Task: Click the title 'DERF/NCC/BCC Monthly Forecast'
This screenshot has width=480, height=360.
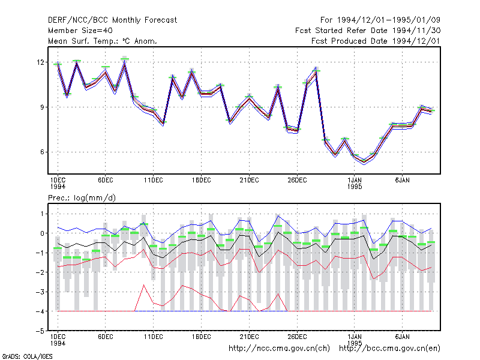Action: pyautogui.click(x=112, y=20)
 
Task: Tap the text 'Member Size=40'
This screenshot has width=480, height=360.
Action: pyautogui.click(x=80, y=31)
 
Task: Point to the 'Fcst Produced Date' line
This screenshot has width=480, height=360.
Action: pyautogui.click(x=376, y=41)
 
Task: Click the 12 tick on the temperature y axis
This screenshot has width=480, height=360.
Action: pyautogui.click(x=40, y=62)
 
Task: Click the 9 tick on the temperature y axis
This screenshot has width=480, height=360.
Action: pyautogui.click(x=42, y=107)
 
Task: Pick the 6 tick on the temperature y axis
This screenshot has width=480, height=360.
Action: pyautogui.click(x=42, y=152)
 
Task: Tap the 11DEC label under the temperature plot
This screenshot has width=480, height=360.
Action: pyautogui.click(x=154, y=181)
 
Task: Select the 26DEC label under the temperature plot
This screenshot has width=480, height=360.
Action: pyautogui.click(x=297, y=181)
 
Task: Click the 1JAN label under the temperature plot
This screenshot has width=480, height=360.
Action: pyautogui.click(x=355, y=181)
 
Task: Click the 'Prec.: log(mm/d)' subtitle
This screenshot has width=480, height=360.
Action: pyautogui.click(x=82, y=198)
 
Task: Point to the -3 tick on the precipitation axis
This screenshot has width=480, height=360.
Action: pyautogui.click(x=40, y=292)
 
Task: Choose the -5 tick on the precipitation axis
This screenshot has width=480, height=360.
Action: pyautogui.click(x=40, y=331)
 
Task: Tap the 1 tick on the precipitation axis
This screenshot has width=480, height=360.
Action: pyautogui.click(x=42, y=214)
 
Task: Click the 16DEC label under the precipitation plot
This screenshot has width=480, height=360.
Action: pyautogui.click(x=201, y=337)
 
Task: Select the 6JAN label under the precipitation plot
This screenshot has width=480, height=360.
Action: pyautogui.click(x=402, y=337)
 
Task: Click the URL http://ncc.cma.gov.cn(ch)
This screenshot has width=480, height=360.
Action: pyautogui.click(x=280, y=349)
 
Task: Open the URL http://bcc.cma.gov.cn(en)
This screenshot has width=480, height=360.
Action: pyautogui.click(x=389, y=349)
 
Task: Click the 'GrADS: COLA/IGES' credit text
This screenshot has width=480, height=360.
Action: pyautogui.click(x=27, y=356)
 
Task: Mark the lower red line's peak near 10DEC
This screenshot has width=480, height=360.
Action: pyautogui.click(x=144, y=285)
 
